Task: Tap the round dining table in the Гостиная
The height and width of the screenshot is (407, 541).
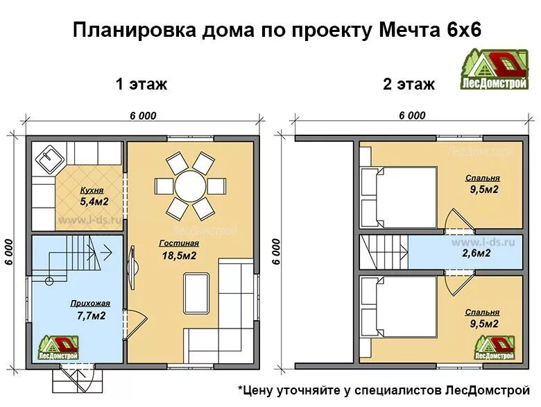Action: [x=190, y=186]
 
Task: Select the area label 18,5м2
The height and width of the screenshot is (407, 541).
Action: [x=178, y=256]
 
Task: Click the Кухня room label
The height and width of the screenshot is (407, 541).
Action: [x=92, y=190]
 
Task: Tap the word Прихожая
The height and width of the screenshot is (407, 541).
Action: [x=87, y=304]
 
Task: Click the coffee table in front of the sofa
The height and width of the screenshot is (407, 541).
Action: [x=196, y=293]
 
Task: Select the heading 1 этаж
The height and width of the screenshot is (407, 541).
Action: [x=141, y=85]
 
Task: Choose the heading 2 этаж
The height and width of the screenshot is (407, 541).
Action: [x=409, y=85]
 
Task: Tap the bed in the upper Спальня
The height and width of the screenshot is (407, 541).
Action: [x=399, y=197]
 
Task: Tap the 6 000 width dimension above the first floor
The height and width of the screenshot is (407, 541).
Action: [x=142, y=116]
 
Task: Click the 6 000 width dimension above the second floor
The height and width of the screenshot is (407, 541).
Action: [x=412, y=116]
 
